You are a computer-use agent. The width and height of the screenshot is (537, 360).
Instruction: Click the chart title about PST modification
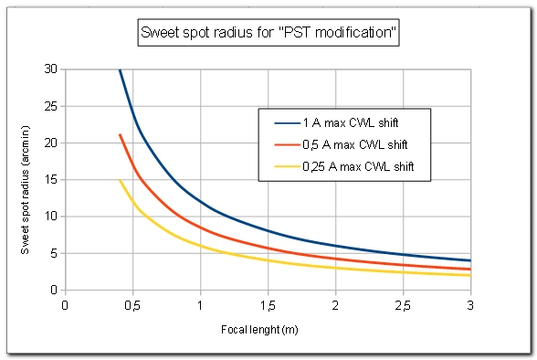coord(268,35)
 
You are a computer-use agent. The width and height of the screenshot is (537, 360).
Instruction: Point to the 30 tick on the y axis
coord(51,69)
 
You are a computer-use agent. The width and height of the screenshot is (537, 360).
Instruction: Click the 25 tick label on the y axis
coord(51,106)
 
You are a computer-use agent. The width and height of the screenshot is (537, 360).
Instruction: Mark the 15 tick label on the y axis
coord(51,180)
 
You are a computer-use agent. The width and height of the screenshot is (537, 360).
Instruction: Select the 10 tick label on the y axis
coord(51,217)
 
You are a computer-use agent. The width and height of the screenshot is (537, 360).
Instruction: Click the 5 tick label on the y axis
coord(54,253)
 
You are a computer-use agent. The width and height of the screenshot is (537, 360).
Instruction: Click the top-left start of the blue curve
coord(119,69)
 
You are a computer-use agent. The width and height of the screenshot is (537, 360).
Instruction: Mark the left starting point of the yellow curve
coord(119,180)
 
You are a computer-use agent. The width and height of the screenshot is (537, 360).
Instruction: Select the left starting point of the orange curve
coord(119,134)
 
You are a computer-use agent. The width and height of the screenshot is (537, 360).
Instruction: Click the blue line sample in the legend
coord(283,122)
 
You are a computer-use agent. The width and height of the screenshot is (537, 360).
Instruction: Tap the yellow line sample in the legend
coord(283,166)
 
